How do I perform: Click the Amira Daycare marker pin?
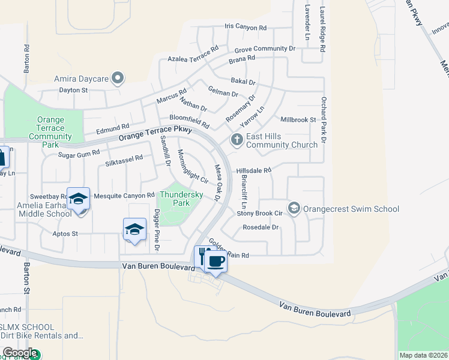[118, 77]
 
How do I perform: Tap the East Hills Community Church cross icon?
[237, 140]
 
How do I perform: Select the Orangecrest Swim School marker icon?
[294, 208]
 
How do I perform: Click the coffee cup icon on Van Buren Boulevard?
[215, 262]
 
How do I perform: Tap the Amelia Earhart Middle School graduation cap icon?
[78, 198]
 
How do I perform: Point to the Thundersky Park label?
[173, 199]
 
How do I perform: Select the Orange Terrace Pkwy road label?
[155, 133]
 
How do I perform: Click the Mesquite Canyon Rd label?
[124, 196]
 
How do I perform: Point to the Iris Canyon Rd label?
[245, 28]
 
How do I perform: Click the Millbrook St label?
[298, 120]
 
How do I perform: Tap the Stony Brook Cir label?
[259, 213]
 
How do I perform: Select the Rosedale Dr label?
[261, 227]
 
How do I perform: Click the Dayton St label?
[73, 90]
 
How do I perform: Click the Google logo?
[20, 353]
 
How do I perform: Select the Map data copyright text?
[424, 355]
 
